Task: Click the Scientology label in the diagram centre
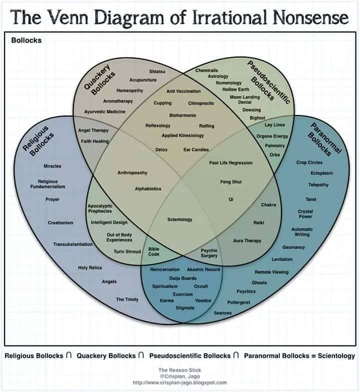tap(179, 219)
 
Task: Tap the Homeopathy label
tap(129, 91)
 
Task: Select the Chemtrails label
tap(206, 71)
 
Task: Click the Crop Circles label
tap(309, 162)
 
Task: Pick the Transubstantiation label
tap(73, 244)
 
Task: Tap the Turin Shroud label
tap(127, 251)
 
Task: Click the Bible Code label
tap(154, 251)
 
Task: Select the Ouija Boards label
tap(182, 278)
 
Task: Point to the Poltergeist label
tap(238, 302)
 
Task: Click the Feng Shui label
tap(230, 182)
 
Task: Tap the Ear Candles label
tap(196, 150)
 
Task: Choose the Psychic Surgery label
tap(209, 253)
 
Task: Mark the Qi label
tap(231, 199)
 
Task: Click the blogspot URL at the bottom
tap(180, 383)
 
